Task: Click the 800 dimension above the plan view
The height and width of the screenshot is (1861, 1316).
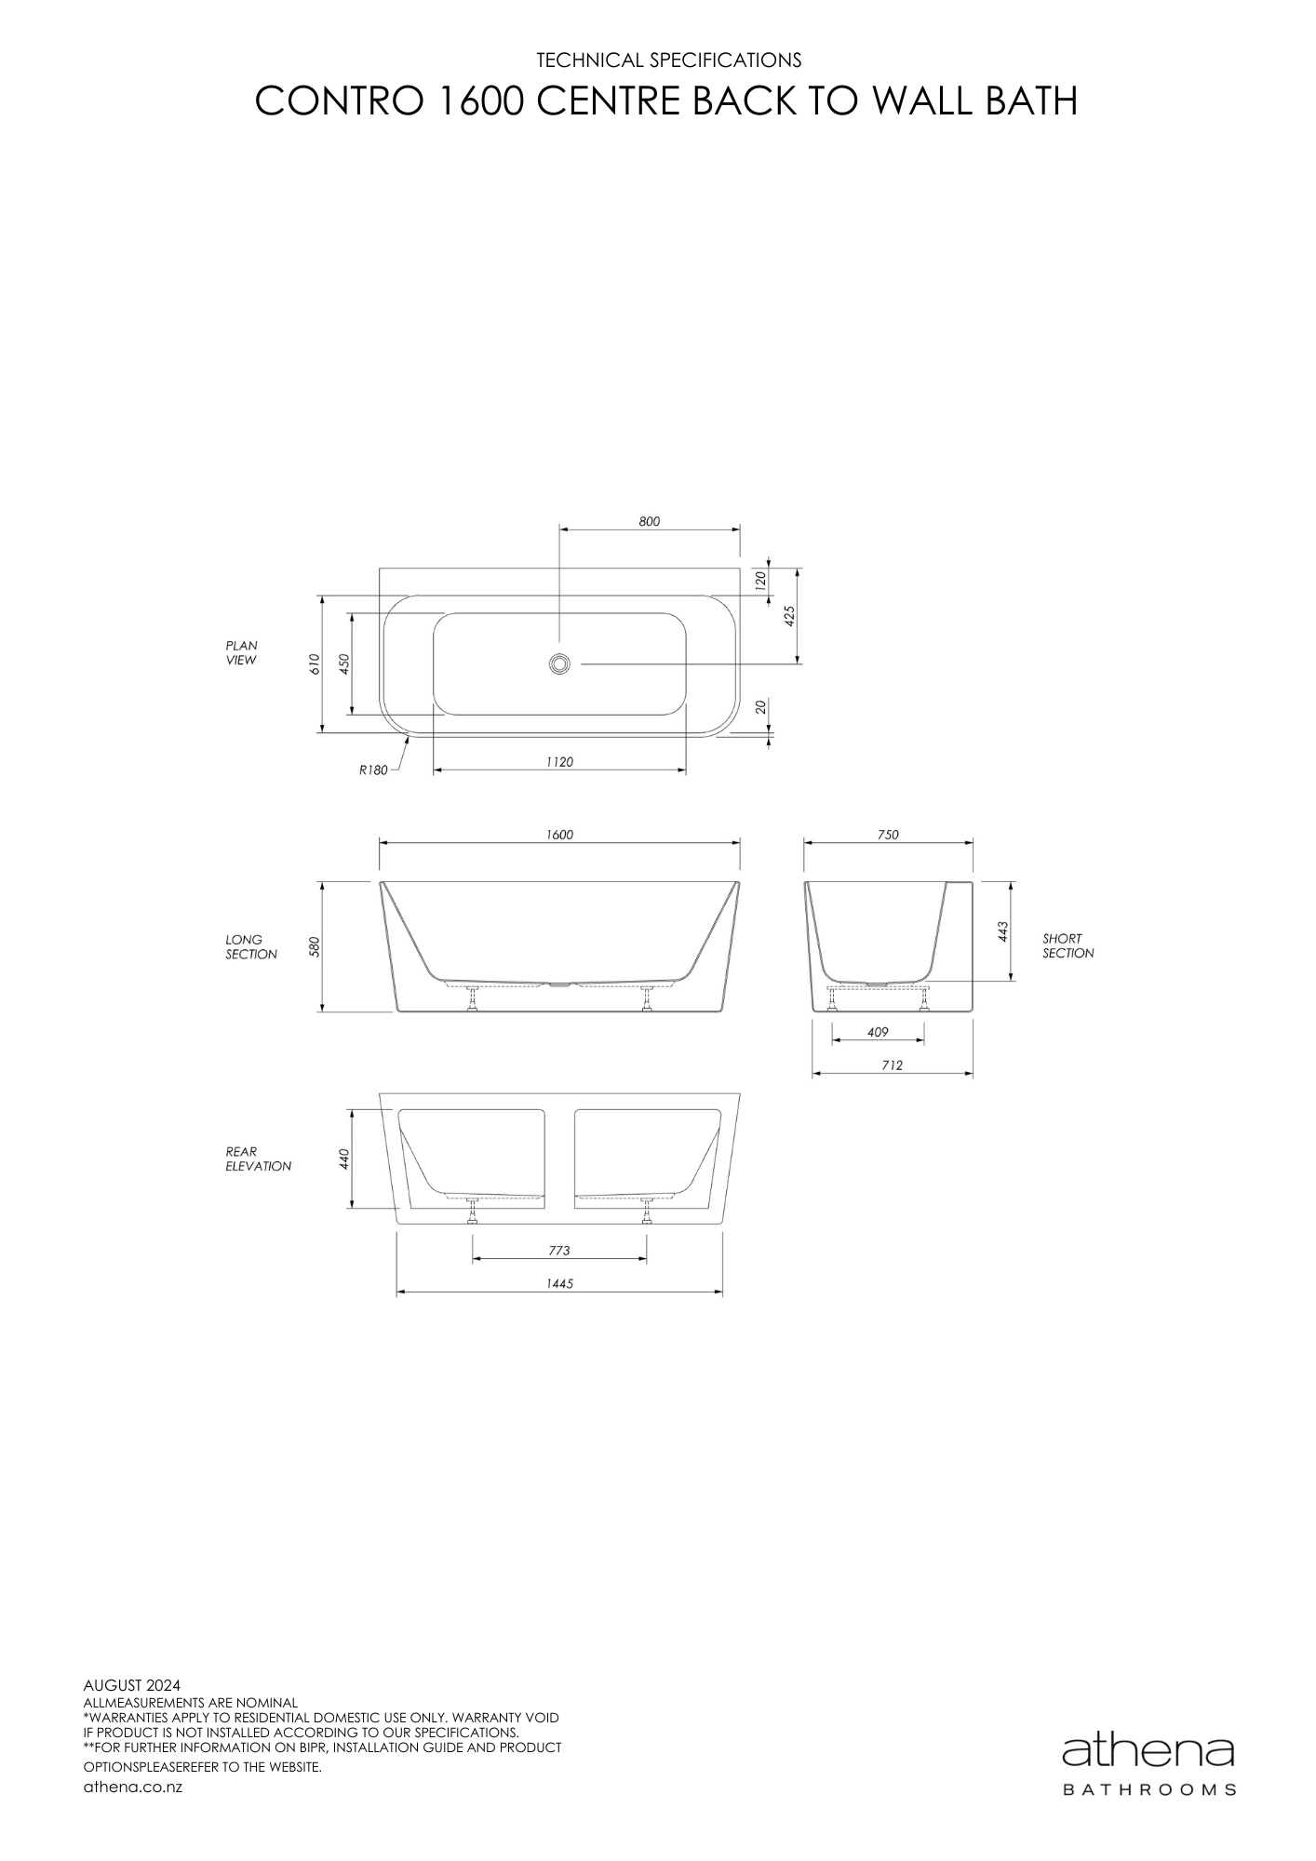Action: pos(649,522)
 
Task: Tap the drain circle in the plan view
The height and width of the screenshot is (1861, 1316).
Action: pos(559,663)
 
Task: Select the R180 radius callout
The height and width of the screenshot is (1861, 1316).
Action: pos(373,770)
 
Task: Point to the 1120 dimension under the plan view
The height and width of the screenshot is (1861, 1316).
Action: pos(559,762)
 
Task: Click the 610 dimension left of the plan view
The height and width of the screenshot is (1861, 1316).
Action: pos(315,663)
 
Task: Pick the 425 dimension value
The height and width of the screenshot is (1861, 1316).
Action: pos(789,616)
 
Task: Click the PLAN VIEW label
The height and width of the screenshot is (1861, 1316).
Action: pos(241,653)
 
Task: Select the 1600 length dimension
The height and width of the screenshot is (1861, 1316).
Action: pos(559,835)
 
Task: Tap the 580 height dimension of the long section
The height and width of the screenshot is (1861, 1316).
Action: pos(315,947)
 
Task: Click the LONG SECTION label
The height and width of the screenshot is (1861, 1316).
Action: pos(250,947)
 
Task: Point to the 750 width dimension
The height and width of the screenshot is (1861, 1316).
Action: pos(888,835)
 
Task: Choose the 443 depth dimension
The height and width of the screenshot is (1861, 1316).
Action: pos(1003,931)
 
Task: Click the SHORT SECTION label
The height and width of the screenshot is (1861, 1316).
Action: pos(1068,946)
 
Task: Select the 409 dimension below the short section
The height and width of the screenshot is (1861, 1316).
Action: pos(877,1032)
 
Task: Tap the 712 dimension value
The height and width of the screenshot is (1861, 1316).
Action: pos(892,1065)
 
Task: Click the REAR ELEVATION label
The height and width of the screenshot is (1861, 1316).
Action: pos(258,1158)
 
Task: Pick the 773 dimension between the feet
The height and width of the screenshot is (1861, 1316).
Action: pos(558,1251)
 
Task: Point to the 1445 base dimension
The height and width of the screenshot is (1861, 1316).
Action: pos(559,1283)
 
